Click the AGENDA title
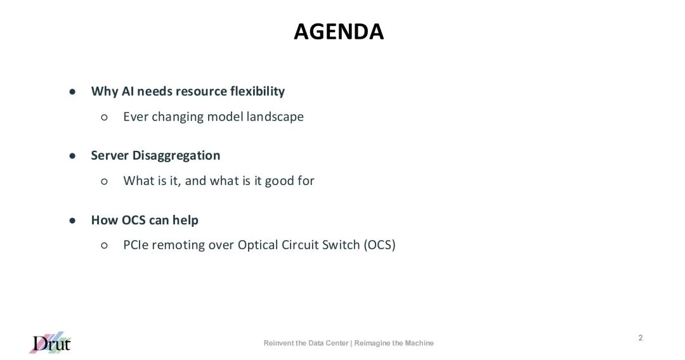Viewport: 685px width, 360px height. coord(339,32)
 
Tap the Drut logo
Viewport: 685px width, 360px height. coord(50,342)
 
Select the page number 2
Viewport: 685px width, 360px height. coord(641,338)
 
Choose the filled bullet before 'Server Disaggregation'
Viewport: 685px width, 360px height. coord(72,156)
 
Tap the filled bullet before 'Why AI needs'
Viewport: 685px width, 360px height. coord(72,92)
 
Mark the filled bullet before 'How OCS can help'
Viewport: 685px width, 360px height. coord(72,221)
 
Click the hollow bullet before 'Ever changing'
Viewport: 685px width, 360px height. coord(104,117)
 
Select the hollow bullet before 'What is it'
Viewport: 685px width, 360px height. coord(104,181)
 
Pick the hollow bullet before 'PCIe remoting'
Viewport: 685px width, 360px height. coord(104,245)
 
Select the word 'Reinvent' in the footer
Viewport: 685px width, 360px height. coord(278,343)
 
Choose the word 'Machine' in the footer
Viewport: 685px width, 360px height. coord(419,343)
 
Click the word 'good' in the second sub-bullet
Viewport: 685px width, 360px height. coord(280,181)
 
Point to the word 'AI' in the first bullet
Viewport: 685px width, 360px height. coord(127,91)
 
